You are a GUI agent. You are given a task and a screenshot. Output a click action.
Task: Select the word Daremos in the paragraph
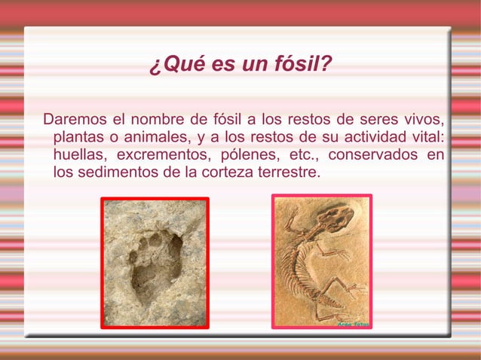click(x=75, y=120)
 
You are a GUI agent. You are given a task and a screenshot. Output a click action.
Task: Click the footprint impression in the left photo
click(x=155, y=264)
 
